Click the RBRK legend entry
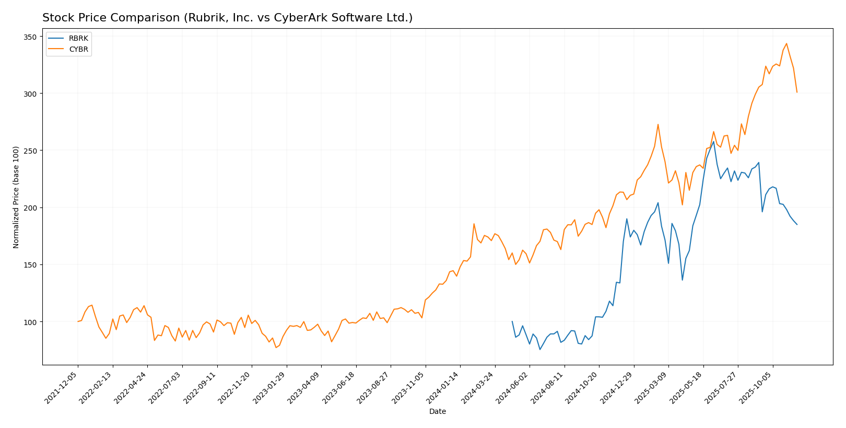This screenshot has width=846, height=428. (78, 39)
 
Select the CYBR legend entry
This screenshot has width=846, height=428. (78, 50)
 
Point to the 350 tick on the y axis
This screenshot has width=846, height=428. (30, 37)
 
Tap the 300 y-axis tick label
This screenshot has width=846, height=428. (30, 94)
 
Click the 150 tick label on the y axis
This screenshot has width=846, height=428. (30, 265)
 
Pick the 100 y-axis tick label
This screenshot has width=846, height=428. (30, 322)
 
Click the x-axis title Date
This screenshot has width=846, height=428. (438, 412)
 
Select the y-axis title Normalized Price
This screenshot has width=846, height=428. (16, 197)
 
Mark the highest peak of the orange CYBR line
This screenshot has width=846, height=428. (786, 43)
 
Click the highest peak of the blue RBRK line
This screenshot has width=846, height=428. (713, 141)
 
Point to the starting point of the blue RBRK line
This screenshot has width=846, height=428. (512, 321)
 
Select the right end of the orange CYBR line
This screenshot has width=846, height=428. (797, 92)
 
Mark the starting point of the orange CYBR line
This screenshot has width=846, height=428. (78, 321)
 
